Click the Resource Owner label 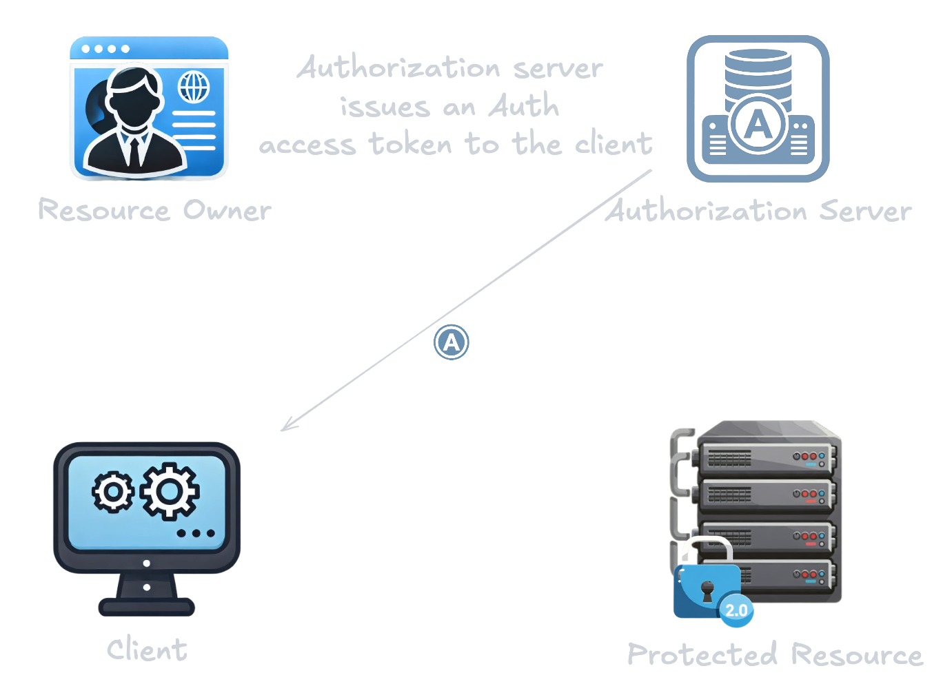(x=154, y=210)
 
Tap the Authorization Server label (x=758, y=211)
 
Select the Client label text (x=147, y=650)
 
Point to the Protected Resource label (x=775, y=654)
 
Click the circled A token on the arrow (x=452, y=342)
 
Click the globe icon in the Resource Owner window (x=194, y=87)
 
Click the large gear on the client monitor (x=170, y=491)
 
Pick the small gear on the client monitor (x=113, y=492)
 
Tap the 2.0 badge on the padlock (x=736, y=610)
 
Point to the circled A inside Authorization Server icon (x=758, y=125)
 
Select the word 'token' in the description (x=410, y=145)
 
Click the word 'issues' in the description (x=385, y=107)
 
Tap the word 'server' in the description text (x=558, y=68)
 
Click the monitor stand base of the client (x=147, y=607)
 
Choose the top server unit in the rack (x=769, y=455)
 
